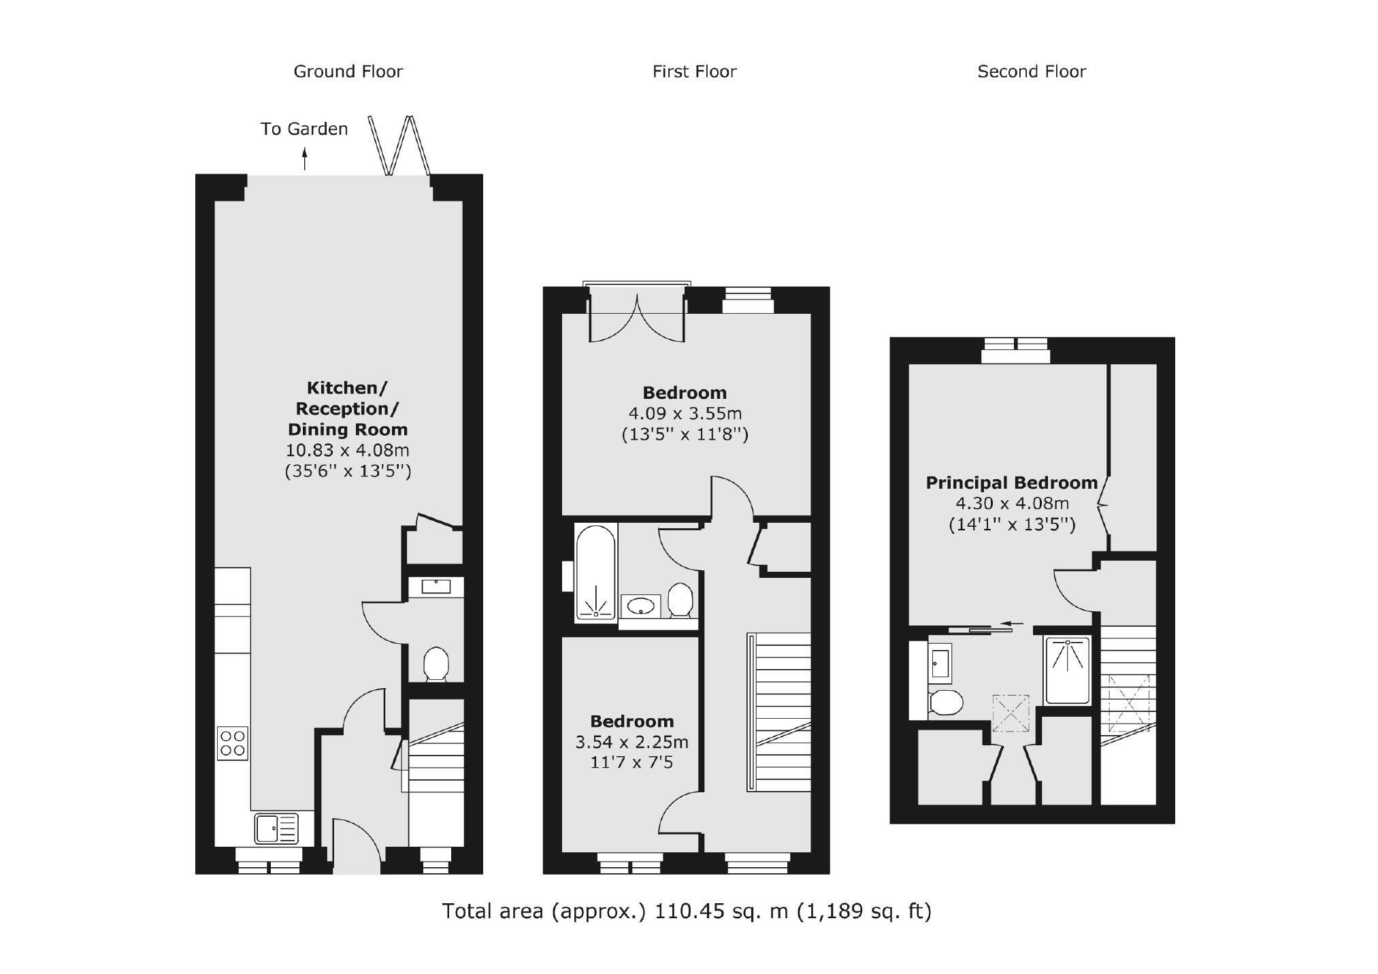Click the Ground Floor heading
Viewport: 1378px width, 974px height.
[x=348, y=71]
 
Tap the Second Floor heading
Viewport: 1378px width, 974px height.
[x=1031, y=71]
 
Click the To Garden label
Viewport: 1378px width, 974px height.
[x=304, y=129]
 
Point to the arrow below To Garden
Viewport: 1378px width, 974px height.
[x=304, y=160]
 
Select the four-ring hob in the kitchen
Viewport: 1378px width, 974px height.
[x=232, y=743]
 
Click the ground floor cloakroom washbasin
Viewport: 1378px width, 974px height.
[x=436, y=586]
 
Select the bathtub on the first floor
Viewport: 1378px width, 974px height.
[x=595, y=572]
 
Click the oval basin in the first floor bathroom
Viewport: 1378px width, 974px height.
[x=641, y=605]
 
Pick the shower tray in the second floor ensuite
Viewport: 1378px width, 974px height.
[x=1068, y=670]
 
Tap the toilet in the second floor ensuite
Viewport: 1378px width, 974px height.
[x=945, y=702]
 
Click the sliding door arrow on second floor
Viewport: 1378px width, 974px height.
[x=1013, y=623]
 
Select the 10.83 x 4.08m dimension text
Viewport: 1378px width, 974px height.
[x=347, y=450]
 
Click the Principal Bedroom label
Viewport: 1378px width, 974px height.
[x=1011, y=483]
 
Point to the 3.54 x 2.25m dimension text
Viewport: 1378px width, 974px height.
[x=631, y=742]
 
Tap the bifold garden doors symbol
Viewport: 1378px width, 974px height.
[x=400, y=145]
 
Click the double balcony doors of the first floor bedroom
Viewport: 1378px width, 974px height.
[x=636, y=317]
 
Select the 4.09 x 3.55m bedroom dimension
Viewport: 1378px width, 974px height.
[x=685, y=413]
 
